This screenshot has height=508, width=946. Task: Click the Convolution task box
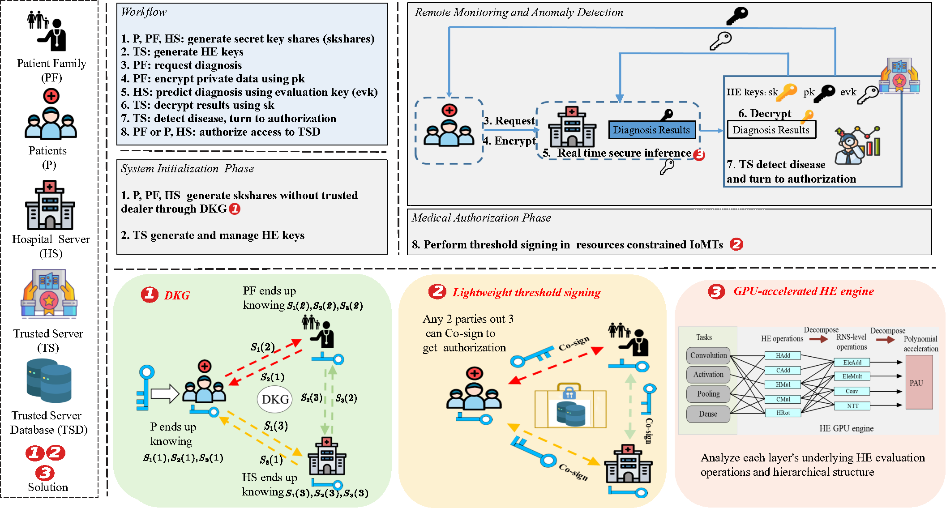point(708,355)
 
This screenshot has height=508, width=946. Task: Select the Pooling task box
point(708,394)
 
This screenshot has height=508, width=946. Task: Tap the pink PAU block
point(919,382)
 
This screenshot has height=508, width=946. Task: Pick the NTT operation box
point(852,406)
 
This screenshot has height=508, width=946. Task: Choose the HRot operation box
point(783,413)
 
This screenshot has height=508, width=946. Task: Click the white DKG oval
point(274,399)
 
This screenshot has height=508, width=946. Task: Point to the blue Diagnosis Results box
point(651,130)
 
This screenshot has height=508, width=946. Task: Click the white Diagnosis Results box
point(771,130)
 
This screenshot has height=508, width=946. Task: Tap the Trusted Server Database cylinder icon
point(49,380)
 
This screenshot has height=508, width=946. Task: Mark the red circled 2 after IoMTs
point(736,244)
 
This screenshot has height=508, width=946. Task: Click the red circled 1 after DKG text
point(235,209)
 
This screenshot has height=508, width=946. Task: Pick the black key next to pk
point(825,93)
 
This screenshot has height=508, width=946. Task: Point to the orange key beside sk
point(787,92)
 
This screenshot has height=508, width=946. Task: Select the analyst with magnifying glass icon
point(856,145)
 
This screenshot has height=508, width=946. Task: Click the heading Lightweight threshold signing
point(526,292)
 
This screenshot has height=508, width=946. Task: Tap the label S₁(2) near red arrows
point(262,347)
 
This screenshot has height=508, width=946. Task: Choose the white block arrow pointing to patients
point(164,394)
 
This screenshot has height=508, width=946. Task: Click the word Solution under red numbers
point(48,487)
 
